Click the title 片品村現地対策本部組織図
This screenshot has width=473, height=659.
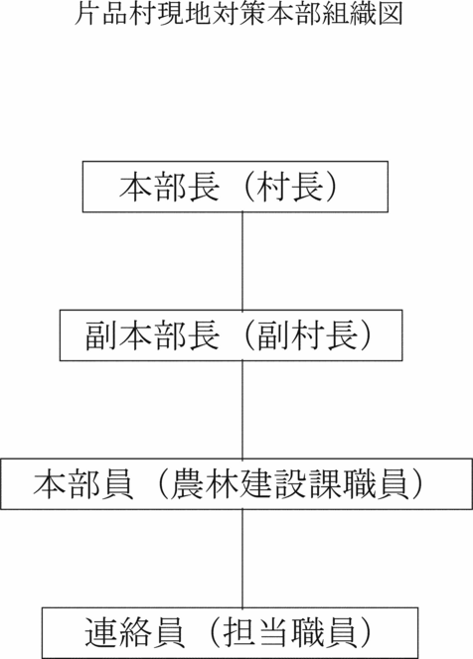click(x=238, y=15)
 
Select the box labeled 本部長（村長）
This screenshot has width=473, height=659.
click(x=235, y=187)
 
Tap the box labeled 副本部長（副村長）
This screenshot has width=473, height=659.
click(x=231, y=335)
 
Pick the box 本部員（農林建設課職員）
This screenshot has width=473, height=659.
click(x=236, y=484)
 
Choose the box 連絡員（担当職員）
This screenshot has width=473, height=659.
click(x=230, y=633)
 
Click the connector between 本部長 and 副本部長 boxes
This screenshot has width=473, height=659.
click(x=242, y=261)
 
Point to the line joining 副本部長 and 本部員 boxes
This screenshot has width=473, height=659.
click(x=242, y=410)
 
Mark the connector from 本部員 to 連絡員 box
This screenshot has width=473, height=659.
click(x=242, y=559)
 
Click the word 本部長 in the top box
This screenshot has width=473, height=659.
click(x=169, y=187)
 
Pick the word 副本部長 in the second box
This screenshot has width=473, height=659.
click(x=152, y=335)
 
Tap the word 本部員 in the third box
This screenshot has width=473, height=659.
click(x=83, y=484)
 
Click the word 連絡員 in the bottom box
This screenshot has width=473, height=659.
click(x=135, y=633)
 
